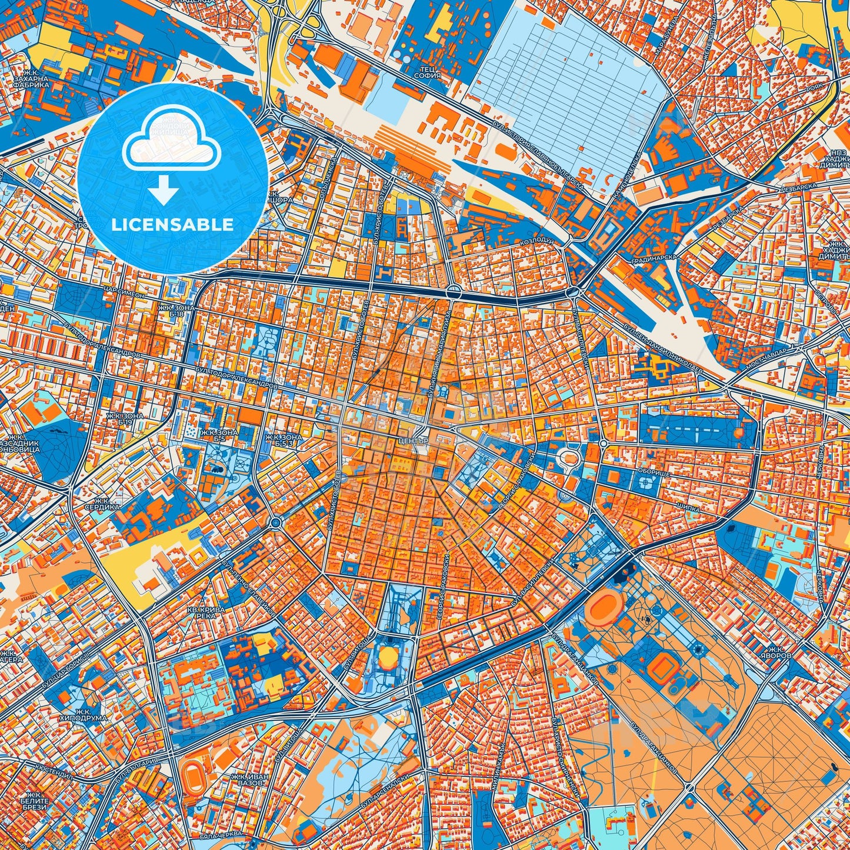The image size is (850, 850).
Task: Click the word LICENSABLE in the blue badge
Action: pos(172,225)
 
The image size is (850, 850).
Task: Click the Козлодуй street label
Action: pos(534,243)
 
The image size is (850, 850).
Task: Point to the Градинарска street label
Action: pos(654,259)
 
